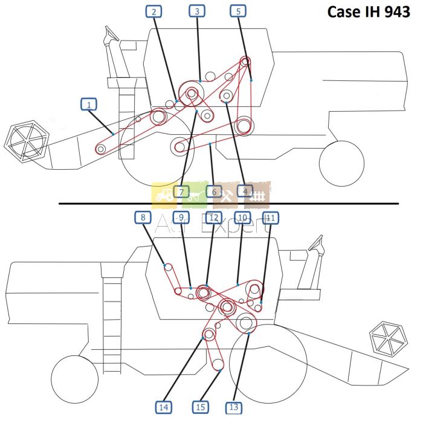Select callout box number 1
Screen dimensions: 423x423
click(89, 105)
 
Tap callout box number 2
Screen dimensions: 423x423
click(155, 11)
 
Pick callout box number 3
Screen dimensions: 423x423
click(196, 11)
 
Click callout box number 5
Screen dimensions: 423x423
click(238, 11)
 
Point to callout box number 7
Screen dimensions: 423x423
click(181, 192)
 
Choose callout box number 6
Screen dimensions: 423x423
click(213, 192)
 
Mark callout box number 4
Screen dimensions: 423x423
click(245, 191)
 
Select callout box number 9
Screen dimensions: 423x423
click(180, 217)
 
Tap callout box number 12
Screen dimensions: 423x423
click(213, 217)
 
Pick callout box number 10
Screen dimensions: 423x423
click(242, 217)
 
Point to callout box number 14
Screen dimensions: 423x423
click(163, 407)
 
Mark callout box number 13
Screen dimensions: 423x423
click(233, 407)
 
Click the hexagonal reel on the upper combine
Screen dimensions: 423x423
click(27, 143)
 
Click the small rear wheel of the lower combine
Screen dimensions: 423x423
click(74, 378)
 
